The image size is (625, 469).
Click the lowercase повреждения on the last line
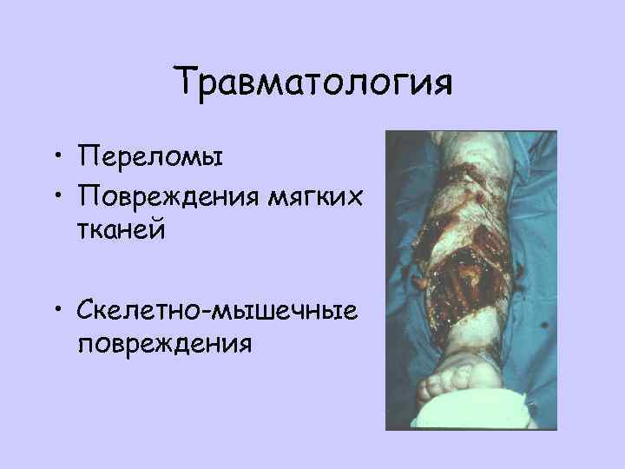(165, 343)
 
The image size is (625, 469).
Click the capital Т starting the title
(187, 83)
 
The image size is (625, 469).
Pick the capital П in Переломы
(87, 157)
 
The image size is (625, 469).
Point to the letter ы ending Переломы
(214, 159)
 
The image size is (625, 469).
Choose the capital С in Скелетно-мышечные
(86, 310)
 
